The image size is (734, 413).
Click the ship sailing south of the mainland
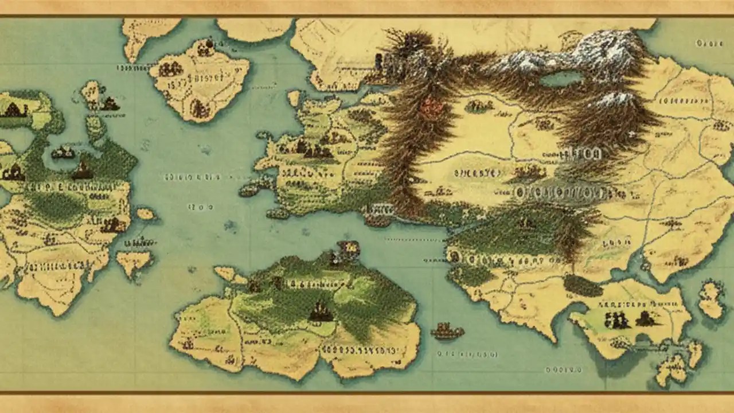(447, 330)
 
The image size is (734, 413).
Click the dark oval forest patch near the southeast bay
(583, 285)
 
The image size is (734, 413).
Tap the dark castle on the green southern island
(321, 313)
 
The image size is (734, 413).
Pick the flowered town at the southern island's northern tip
(346, 250)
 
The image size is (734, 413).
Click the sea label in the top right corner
(709, 44)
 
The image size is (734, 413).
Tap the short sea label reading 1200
(200, 206)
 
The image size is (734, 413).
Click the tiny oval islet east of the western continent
(146, 214)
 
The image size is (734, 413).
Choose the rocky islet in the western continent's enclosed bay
(63, 153)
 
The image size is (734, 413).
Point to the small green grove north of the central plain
(479, 106)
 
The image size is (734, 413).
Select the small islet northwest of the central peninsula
(294, 98)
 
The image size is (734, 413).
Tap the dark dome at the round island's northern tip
(209, 43)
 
